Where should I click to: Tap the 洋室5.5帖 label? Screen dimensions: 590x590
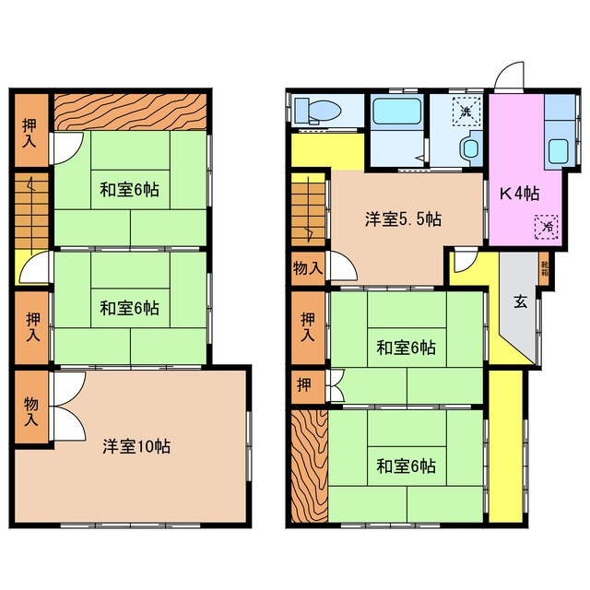click(x=401, y=219)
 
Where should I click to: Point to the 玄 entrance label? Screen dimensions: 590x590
click(x=520, y=300)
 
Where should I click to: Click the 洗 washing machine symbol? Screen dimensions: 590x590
click(x=466, y=112)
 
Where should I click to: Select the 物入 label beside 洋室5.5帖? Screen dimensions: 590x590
click(x=307, y=268)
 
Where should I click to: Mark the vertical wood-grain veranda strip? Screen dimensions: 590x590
click(x=308, y=465)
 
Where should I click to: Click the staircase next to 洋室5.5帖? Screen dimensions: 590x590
click(x=307, y=211)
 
